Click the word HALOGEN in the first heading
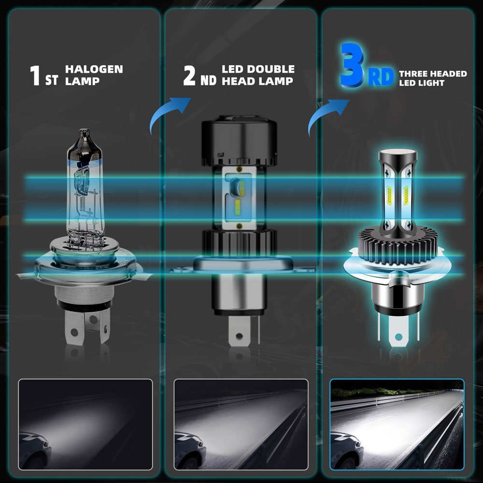[94, 69]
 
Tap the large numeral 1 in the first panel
[35, 75]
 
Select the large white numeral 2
[189, 75]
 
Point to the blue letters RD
[381, 77]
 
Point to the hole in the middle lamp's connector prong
[239, 336]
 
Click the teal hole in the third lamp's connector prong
[398, 337]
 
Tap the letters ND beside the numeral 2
[208, 80]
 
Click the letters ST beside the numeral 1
[51, 80]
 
